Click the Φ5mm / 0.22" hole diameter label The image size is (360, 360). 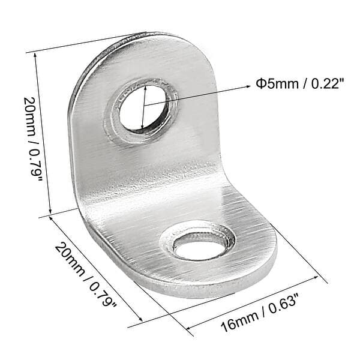(x=301, y=84)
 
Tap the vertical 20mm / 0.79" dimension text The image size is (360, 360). (x=32, y=139)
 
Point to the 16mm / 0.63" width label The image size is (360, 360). (x=259, y=313)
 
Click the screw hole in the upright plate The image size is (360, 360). (x=143, y=107)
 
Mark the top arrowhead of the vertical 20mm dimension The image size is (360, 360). (x=35, y=55)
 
